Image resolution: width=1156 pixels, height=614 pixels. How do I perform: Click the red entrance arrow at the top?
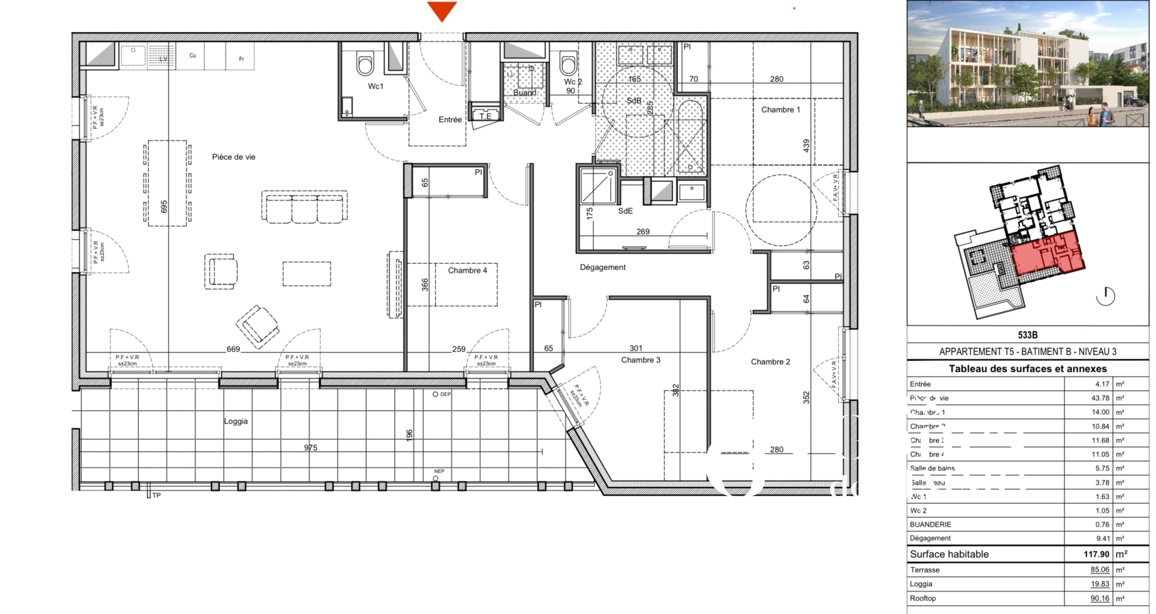pyautogui.click(x=442, y=11)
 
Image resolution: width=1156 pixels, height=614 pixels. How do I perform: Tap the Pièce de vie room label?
pyautogui.click(x=234, y=157)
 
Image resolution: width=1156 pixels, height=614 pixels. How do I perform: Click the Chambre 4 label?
pyautogui.click(x=467, y=271)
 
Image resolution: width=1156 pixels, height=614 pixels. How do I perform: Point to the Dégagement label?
pyautogui.click(x=602, y=267)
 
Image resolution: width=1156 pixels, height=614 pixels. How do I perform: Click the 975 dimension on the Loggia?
pyautogui.click(x=310, y=447)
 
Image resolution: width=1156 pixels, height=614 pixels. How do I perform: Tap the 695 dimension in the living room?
pyautogui.click(x=164, y=207)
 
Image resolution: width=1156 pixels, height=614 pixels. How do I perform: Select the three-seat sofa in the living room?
pyautogui.click(x=305, y=208)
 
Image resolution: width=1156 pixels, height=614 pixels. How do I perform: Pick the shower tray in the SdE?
pyautogui.click(x=597, y=186)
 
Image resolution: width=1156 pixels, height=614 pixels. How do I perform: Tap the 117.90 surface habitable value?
pyautogui.click(x=1096, y=554)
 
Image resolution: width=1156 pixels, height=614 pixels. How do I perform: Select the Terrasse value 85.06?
pyautogui.click(x=1100, y=570)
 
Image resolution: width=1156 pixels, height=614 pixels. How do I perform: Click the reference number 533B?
pyautogui.click(x=1028, y=335)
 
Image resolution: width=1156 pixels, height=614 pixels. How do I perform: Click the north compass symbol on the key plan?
pyautogui.click(x=1105, y=296)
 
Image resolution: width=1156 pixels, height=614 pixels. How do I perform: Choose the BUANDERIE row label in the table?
pyautogui.click(x=930, y=525)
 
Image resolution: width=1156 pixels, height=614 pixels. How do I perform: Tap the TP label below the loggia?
pyautogui.click(x=156, y=495)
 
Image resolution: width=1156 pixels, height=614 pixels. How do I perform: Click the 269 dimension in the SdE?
pyautogui.click(x=643, y=231)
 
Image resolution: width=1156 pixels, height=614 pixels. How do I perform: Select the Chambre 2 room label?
pyautogui.click(x=770, y=362)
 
